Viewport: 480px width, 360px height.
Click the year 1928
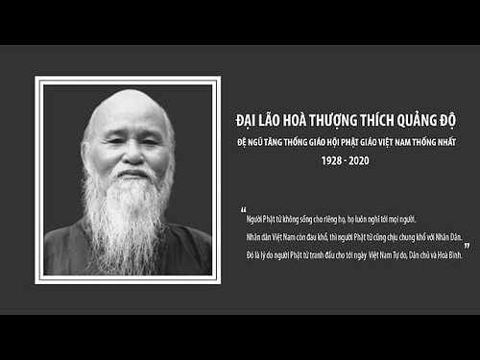[331, 160]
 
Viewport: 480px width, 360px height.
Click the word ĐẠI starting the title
[246, 121]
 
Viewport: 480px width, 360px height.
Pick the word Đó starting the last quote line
[251, 253]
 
